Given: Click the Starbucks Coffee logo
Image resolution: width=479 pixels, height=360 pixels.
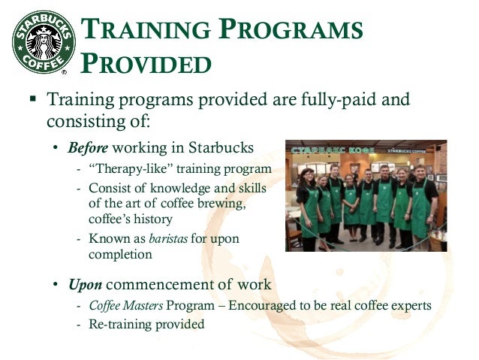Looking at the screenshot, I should point(43,41).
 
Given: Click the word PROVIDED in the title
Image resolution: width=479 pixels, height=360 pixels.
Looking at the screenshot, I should point(145,63).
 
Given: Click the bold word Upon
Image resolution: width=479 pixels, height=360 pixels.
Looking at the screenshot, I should point(85,285).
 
